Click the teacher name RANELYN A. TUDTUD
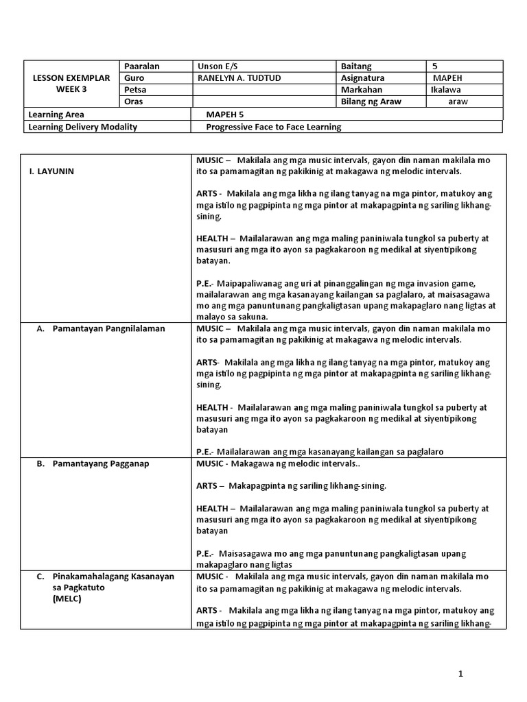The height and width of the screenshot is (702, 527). tap(239, 78)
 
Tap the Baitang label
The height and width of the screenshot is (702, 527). tap(356, 66)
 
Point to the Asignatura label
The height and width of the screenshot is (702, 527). tap(363, 78)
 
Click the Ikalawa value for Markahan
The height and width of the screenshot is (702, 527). tap(445, 90)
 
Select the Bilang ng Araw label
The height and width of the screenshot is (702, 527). tap(371, 101)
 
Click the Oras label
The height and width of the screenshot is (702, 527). tap(134, 101)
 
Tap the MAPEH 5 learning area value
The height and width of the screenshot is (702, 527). tap(225, 114)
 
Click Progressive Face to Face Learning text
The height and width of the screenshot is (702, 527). tap(273, 127)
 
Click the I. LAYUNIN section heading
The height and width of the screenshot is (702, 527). tap(51, 171)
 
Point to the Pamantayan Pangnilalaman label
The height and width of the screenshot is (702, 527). tap(108, 328)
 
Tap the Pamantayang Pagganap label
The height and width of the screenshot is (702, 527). tap(101, 463)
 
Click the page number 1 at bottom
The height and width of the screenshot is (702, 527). tap(461, 673)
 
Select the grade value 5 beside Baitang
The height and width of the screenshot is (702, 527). tap(435, 66)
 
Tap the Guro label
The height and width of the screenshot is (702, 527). tap(134, 78)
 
